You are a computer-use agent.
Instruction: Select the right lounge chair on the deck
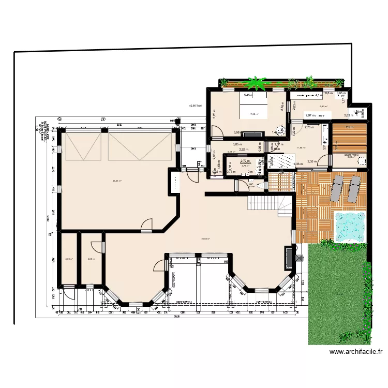(x=354, y=189)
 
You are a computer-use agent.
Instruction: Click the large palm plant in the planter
(x=255, y=83)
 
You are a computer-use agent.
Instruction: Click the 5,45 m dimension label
(x=249, y=95)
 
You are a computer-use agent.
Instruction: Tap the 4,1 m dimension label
(x=319, y=95)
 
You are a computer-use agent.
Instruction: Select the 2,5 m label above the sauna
(x=349, y=128)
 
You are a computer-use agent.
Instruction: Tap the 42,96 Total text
(x=196, y=106)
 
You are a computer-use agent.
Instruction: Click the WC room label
(x=251, y=184)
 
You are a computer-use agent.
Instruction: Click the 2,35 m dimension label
(x=312, y=161)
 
